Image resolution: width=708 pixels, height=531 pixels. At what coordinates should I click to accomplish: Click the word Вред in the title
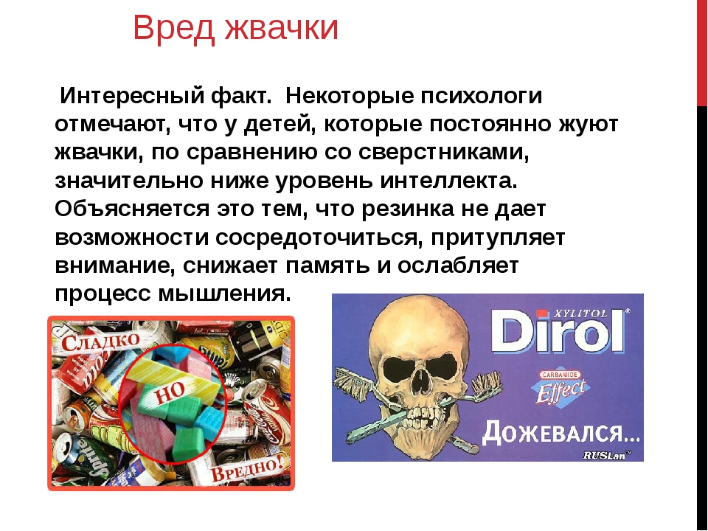point(173,29)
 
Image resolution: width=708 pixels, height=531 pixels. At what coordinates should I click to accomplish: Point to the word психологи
point(482,96)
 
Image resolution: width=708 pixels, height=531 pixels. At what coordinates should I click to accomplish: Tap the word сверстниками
point(443,152)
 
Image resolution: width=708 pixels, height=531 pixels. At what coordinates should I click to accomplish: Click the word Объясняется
point(132,209)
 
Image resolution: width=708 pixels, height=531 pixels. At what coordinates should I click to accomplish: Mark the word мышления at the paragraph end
point(224,294)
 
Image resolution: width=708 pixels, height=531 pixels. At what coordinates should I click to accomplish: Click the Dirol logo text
point(558,332)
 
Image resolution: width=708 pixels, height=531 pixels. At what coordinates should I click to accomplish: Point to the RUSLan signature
point(605,455)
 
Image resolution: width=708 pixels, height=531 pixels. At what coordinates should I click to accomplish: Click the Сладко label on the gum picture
point(100,341)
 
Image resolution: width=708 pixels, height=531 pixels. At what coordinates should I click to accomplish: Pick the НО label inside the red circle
point(170,393)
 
